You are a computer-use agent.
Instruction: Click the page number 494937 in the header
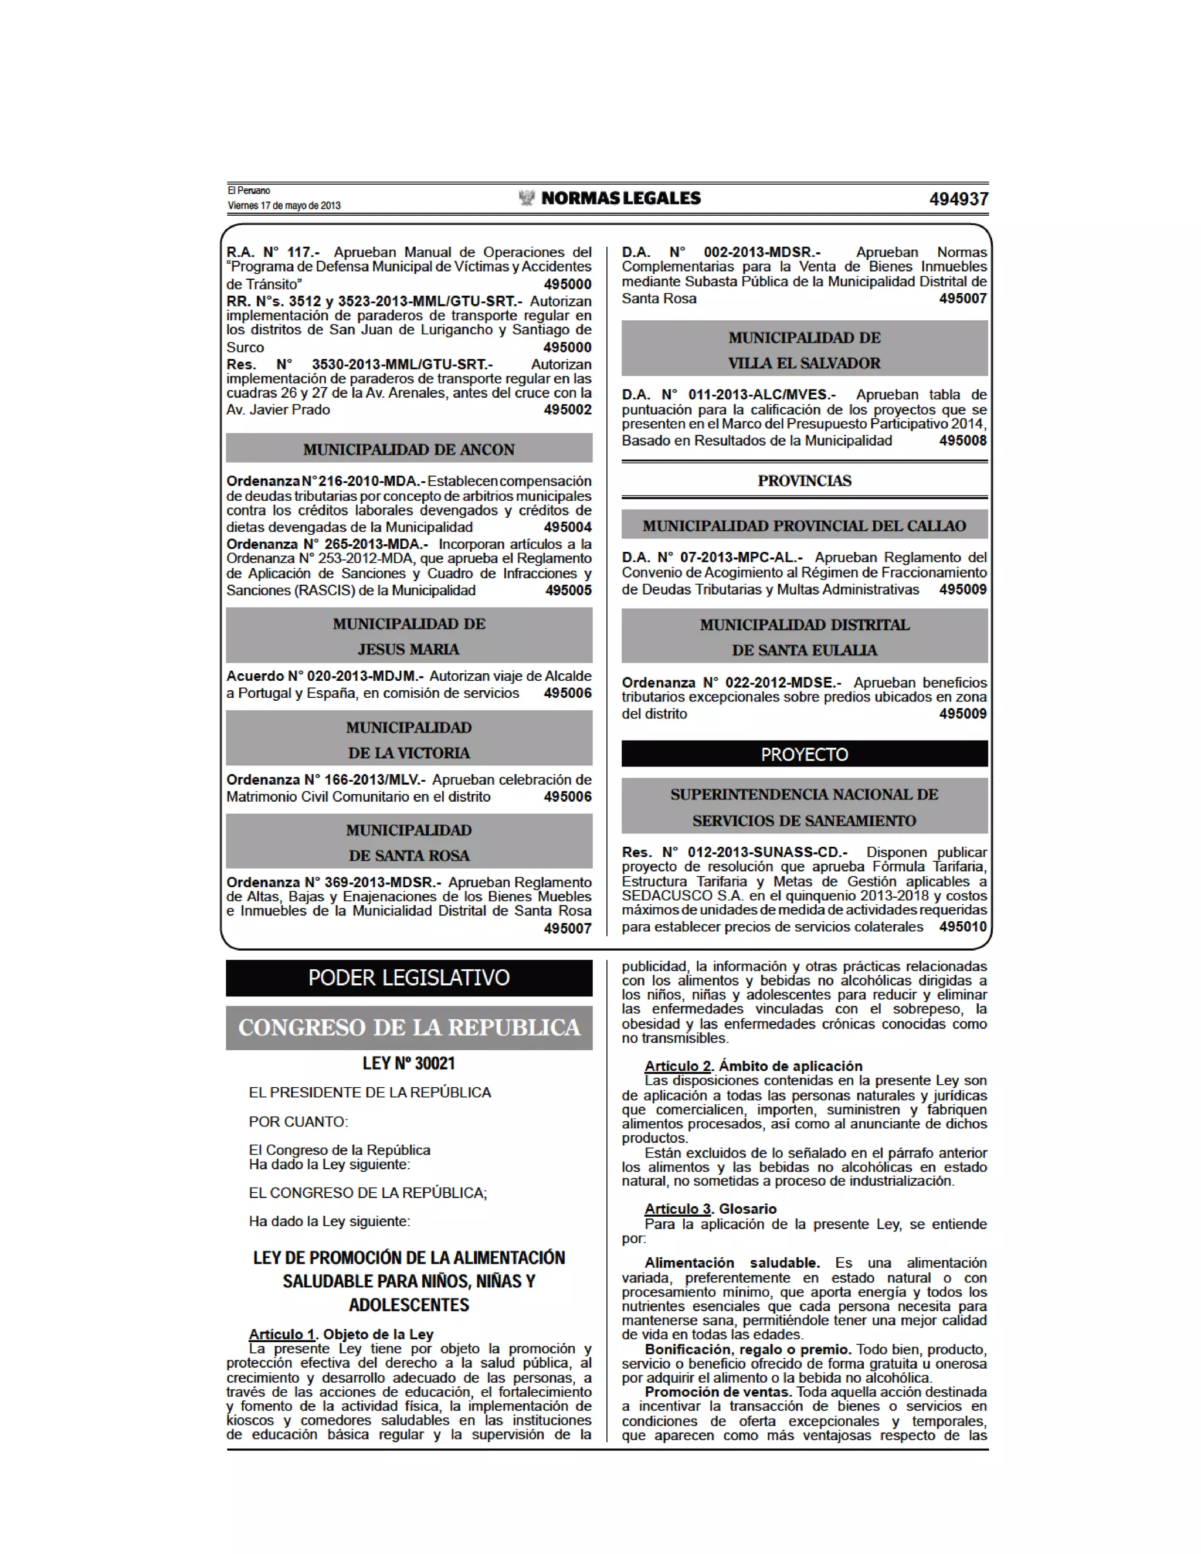[958, 199]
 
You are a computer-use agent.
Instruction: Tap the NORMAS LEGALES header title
[620, 199]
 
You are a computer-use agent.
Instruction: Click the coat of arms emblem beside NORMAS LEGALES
[527, 198]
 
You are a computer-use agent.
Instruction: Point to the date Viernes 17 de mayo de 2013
[284, 206]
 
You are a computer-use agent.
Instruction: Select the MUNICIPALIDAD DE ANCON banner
[409, 450]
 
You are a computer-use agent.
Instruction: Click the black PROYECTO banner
[804, 754]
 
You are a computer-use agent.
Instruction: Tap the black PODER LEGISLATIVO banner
[409, 978]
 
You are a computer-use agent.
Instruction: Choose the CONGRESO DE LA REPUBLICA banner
[409, 1027]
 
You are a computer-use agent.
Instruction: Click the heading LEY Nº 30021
[409, 1063]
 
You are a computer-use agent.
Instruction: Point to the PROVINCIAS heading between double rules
[804, 481]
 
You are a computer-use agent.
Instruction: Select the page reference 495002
[567, 410]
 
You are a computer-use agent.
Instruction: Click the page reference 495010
[963, 927]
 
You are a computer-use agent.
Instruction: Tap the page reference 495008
[963, 440]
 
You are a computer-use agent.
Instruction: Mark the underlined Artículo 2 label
[677, 1066]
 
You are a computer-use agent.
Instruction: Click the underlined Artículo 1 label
[281, 1334]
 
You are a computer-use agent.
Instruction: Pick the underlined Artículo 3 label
[677, 1209]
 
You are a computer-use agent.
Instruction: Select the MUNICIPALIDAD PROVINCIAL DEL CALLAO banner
[804, 526]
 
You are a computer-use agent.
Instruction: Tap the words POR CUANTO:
[298, 1121]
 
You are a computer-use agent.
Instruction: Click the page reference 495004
[567, 527]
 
